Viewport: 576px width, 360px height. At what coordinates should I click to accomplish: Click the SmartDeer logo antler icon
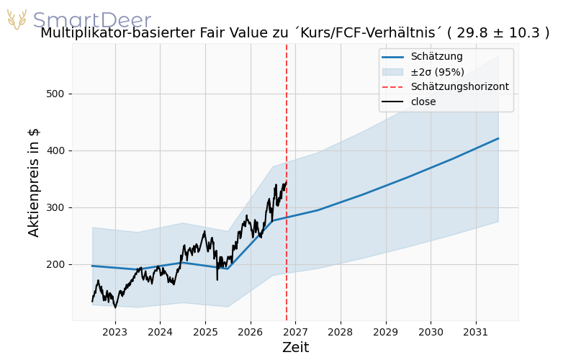[17, 19]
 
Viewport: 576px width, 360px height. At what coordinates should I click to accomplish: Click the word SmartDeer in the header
[92, 20]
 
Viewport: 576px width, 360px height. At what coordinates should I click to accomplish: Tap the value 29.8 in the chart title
[469, 32]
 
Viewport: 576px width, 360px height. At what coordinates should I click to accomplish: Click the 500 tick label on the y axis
[55, 94]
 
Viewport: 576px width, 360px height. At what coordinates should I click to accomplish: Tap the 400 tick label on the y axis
[55, 151]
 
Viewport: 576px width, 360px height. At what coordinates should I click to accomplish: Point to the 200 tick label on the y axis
[55, 265]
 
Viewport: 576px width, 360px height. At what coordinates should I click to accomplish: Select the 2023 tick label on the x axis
[115, 333]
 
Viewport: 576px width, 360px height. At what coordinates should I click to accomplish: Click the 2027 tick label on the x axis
[295, 333]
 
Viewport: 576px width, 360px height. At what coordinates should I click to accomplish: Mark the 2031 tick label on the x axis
[476, 333]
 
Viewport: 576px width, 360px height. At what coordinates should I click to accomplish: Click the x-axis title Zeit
[296, 348]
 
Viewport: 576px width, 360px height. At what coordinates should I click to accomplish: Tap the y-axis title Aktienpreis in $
[34, 183]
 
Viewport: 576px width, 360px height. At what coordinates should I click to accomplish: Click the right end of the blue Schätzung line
[498, 138]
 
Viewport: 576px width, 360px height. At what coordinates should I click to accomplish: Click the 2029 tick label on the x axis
[386, 333]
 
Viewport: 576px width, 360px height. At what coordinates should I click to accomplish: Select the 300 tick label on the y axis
[55, 208]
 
